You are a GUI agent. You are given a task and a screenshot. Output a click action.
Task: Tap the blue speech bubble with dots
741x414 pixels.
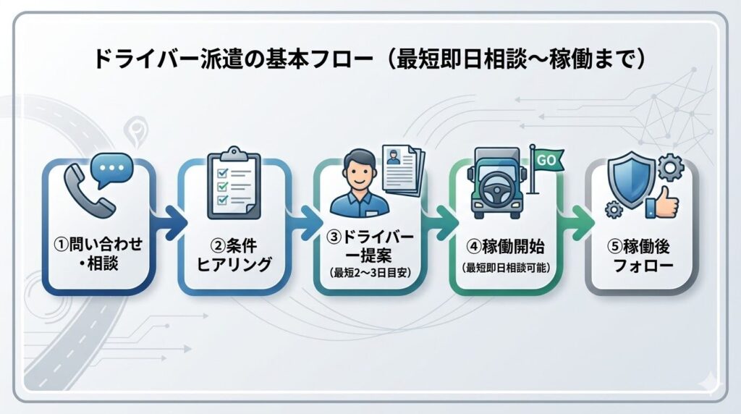[113, 169]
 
